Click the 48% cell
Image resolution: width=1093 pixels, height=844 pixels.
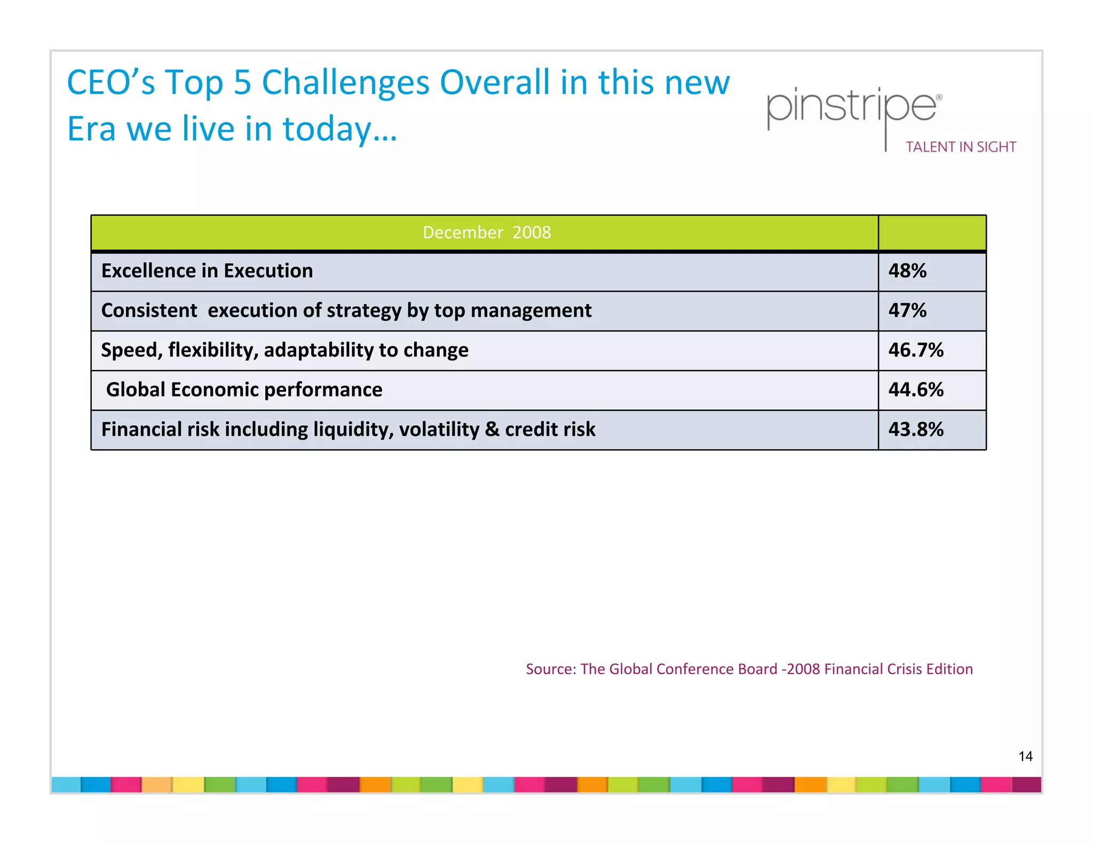click(x=907, y=271)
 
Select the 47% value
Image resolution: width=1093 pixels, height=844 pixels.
click(x=907, y=310)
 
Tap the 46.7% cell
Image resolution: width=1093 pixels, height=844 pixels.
click(x=915, y=350)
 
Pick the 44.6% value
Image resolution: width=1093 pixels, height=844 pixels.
click(x=915, y=390)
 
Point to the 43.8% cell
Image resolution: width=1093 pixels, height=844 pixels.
click(x=915, y=429)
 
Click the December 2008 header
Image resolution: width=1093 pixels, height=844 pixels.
click(x=486, y=233)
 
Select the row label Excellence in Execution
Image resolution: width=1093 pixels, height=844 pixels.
click(x=207, y=271)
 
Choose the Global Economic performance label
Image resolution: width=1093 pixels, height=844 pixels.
click(x=244, y=390)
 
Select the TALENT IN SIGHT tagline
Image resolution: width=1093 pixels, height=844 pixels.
click(x=961, y=147)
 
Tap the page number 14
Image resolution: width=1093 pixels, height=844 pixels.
click(x=1025, y=757)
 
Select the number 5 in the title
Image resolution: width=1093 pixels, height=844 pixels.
click(x=242, y=83)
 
